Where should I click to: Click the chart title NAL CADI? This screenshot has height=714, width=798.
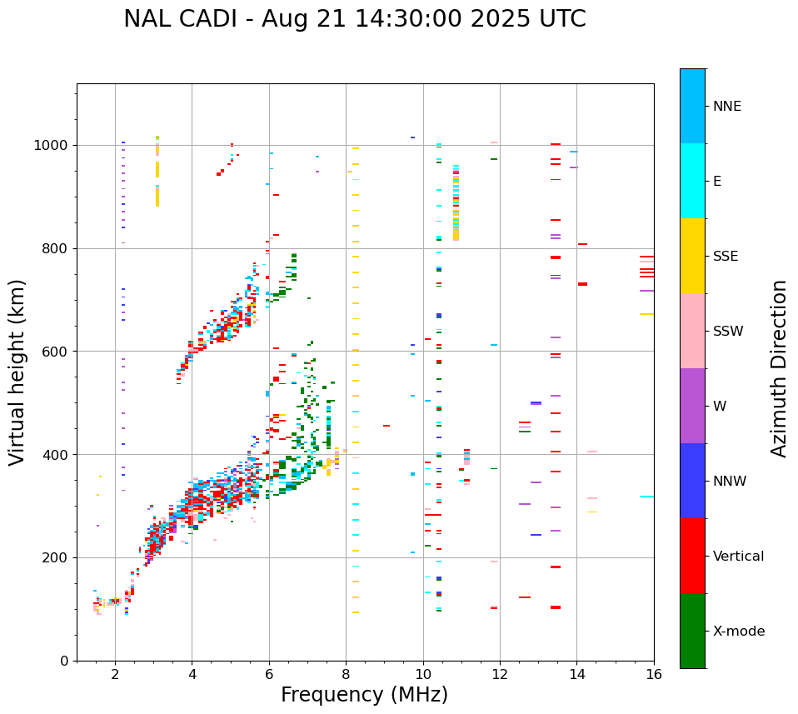(354, 19)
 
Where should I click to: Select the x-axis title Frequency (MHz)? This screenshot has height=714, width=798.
(364, 695)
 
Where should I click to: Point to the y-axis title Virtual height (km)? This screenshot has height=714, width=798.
(17, 372)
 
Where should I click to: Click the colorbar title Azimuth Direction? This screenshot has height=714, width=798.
(779, 368)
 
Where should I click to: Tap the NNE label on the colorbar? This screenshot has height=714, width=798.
(726, 107)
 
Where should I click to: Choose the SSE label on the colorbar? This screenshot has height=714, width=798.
(725, 257)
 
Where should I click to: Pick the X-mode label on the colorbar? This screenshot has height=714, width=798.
(738, 632)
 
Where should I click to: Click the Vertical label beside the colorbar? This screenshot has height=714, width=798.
(738, 557)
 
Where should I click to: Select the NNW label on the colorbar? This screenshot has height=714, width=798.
(729, 482)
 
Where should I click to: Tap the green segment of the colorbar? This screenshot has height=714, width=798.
(692, 631)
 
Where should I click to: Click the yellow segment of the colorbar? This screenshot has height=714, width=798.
(692, 256)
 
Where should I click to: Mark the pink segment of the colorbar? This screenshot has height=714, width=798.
(692, 331)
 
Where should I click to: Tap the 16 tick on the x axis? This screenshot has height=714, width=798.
(653, 675)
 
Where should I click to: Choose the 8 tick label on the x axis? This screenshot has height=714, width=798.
(346, 675)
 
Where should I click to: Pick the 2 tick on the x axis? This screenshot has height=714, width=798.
(115, 675)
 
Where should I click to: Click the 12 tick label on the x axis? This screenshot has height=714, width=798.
(500, 675)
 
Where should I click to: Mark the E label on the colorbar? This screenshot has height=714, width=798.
(717, 182)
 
